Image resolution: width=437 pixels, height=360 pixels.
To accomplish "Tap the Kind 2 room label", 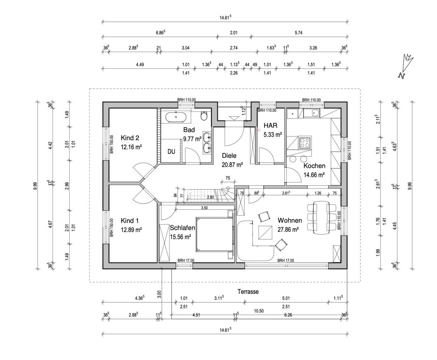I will (130, 138).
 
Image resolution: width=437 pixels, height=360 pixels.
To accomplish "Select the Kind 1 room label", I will (130, 221).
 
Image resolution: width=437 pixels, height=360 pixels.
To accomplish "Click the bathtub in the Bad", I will (176, 117).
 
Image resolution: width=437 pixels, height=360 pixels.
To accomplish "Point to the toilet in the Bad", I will (204, 116).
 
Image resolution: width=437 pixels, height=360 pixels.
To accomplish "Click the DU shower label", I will (171, 151).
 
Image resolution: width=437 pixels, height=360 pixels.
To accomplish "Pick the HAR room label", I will (270, 125).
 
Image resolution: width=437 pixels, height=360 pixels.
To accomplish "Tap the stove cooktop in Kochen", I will (305, 142).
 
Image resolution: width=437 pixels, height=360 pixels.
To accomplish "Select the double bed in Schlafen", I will (214, 234).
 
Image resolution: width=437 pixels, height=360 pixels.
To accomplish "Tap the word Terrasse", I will (248, 292).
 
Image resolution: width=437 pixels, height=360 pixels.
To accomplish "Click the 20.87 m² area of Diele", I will (232, 164).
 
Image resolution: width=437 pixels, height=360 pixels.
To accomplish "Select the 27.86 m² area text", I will (288, 230).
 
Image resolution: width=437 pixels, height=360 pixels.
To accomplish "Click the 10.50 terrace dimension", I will (259, 311).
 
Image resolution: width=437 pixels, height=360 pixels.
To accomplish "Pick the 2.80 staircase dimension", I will (210, 197).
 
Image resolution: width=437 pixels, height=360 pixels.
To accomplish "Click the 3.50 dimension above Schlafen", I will (205, 207).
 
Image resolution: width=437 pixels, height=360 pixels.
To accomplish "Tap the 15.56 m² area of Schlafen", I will (180, 236).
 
